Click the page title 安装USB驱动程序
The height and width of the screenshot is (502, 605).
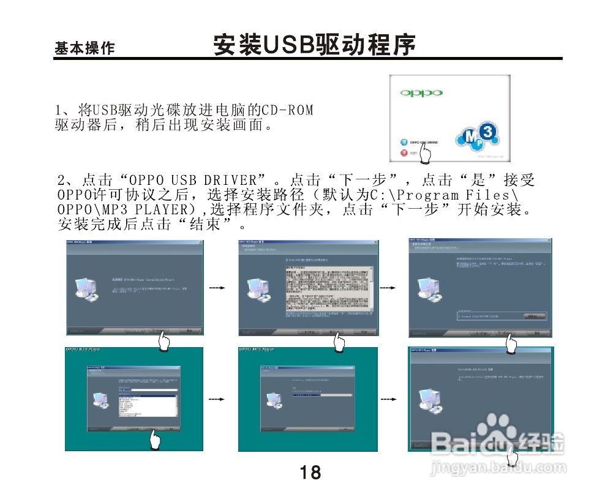click(x=314, y=45)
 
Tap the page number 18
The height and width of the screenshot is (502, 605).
click(x=310, y=472)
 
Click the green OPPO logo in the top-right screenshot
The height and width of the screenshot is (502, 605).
click(x=421, y=93)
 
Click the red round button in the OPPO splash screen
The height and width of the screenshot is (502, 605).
click(x=404, y=152)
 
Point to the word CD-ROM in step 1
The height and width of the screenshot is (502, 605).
click(x=287, y=110)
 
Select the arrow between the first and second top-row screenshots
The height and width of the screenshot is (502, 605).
click(x=218, y=287)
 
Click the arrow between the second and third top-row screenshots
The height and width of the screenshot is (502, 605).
click(x=388, y=287)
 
